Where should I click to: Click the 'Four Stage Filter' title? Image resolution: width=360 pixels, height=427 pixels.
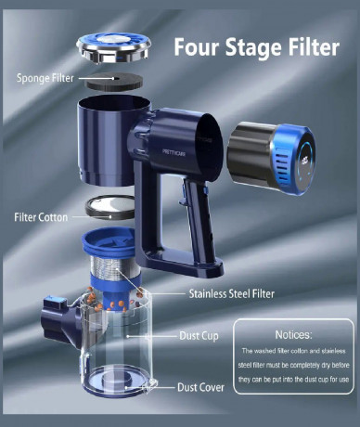point(256,46)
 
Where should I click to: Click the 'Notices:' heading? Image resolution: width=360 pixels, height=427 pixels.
point(296,333)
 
